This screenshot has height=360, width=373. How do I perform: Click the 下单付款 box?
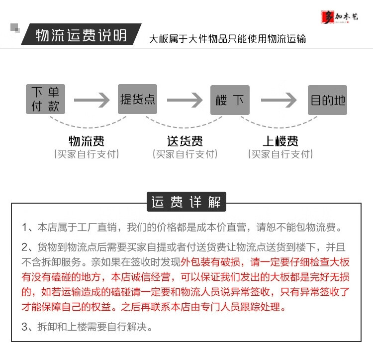point(45,99)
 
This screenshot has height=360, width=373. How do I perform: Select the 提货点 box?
point(138,100)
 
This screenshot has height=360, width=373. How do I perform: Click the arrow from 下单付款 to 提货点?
point(91,100)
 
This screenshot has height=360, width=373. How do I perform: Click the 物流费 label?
point(86,141)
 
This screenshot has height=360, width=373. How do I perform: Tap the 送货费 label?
point(185,141)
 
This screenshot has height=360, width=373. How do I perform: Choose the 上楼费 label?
point(280,141)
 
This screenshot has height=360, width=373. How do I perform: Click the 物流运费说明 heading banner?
point(82,36)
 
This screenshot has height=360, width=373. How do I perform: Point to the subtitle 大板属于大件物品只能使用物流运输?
point(228,39)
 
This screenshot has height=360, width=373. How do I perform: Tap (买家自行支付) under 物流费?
point(87,154)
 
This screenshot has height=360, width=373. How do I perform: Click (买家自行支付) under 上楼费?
point(280,154)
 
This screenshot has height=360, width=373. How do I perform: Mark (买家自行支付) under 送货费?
point(185,154)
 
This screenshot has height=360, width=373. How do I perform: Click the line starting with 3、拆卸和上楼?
point(87,327)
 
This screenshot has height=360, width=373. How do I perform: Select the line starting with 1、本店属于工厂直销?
point(183,228)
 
